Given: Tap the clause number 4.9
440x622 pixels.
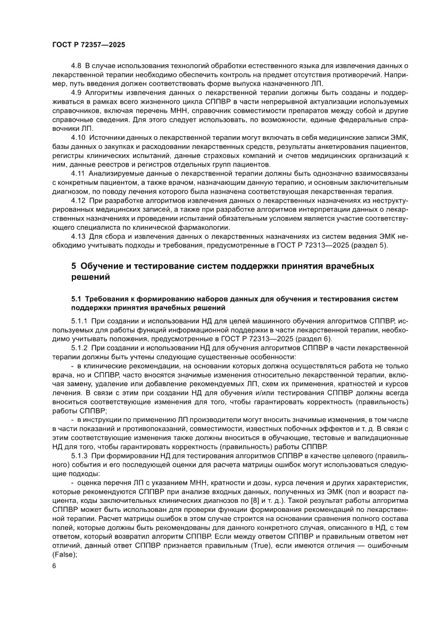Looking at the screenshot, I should click(x=76, y=92).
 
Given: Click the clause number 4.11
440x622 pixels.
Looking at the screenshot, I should click(x=78, y=173).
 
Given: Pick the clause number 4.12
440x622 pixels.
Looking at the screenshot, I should click(x=78, y=200).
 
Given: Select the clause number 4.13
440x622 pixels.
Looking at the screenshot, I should click(x=78, y=236).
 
